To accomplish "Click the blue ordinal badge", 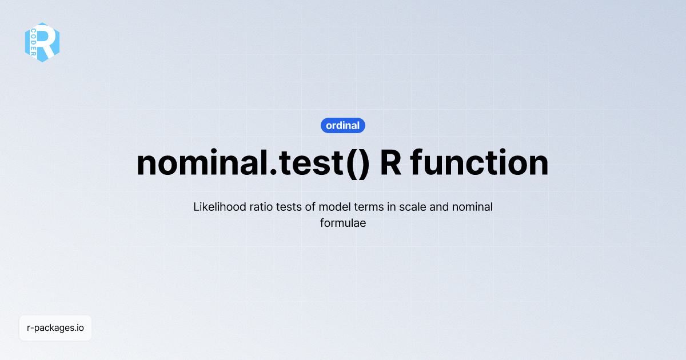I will pos(343,125).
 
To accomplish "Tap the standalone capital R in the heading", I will pos(390,163).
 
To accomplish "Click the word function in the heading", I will pos(480,163).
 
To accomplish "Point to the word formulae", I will pos(343,223).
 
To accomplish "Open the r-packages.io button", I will pos(55,328).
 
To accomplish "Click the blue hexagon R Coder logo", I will pos(42,42).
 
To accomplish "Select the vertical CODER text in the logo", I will pos(33,42).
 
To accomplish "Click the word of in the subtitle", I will pos(313,207).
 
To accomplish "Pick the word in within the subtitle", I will pos(391,207).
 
